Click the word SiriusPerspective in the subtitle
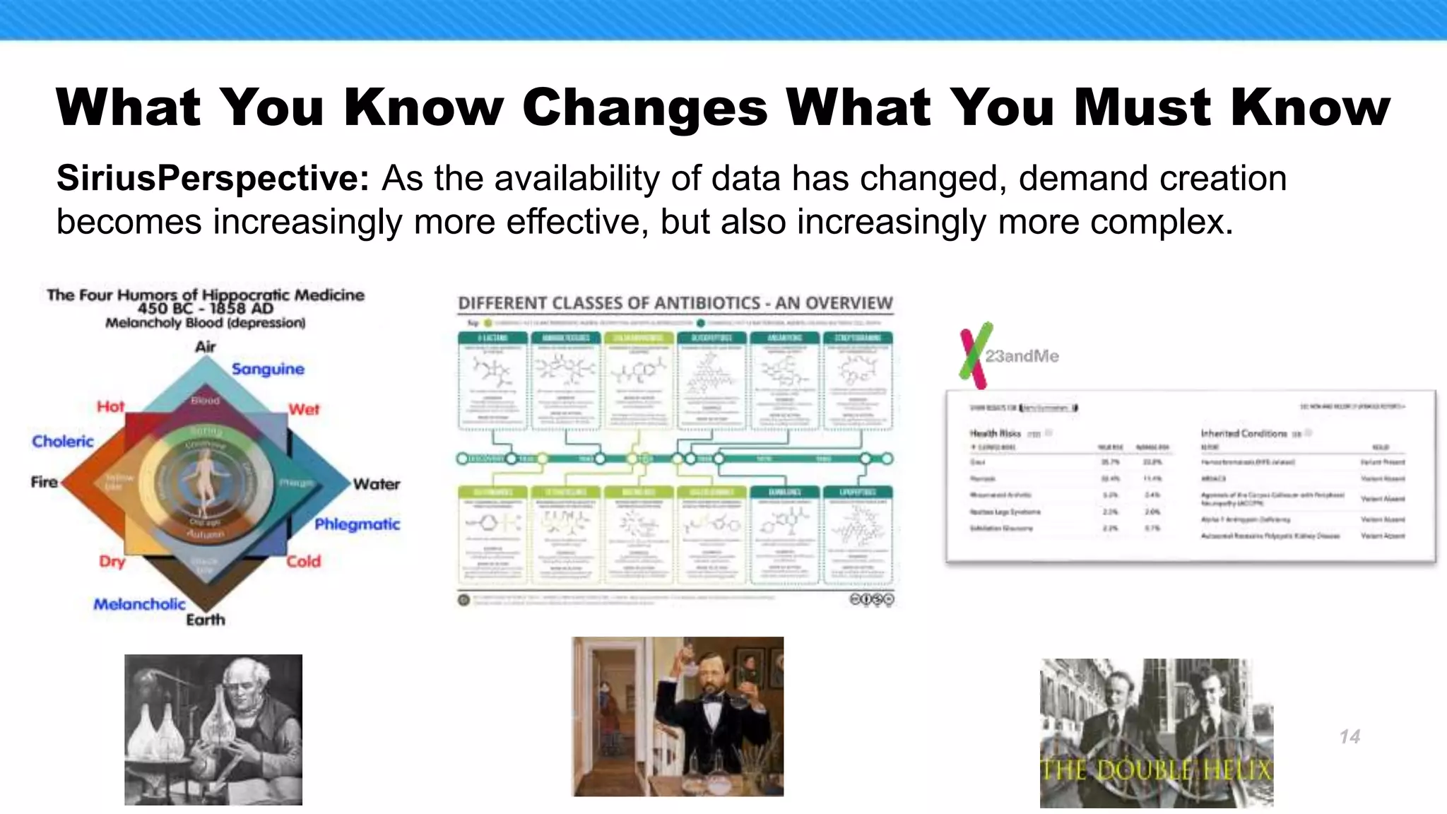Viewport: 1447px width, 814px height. pyautogui.click(x=213, y=178)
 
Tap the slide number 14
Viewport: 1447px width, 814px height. pyautogui.click(x=1349, y=737)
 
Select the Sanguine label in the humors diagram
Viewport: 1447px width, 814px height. pyautogui.click(x=268, y=369)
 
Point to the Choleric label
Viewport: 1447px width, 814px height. pyautogui.click(x=63, y=442)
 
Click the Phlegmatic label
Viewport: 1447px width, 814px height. pyautogui.click(x=357, y=524)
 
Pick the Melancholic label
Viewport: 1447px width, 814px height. pyautogui.click(x=139, y=604)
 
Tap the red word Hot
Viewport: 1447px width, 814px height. pyautogui.click(x=110, y=407)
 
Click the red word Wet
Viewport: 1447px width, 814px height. pyautogui.click(x=304, y=410)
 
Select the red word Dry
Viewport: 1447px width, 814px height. pyautogui.click(x=112, y=562)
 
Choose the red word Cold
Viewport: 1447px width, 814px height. pyautogui.click(x=304, y=562)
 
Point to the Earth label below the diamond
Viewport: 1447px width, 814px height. pyautogui.click(x=206, y=620)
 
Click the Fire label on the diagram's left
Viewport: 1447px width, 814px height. pyautogui.click(x=44, y=483)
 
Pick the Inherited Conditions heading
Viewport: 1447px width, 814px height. pyautogui.click(x=1244, y=433)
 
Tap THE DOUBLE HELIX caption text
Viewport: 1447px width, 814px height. pyautogui.click(x=1156, y=769)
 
